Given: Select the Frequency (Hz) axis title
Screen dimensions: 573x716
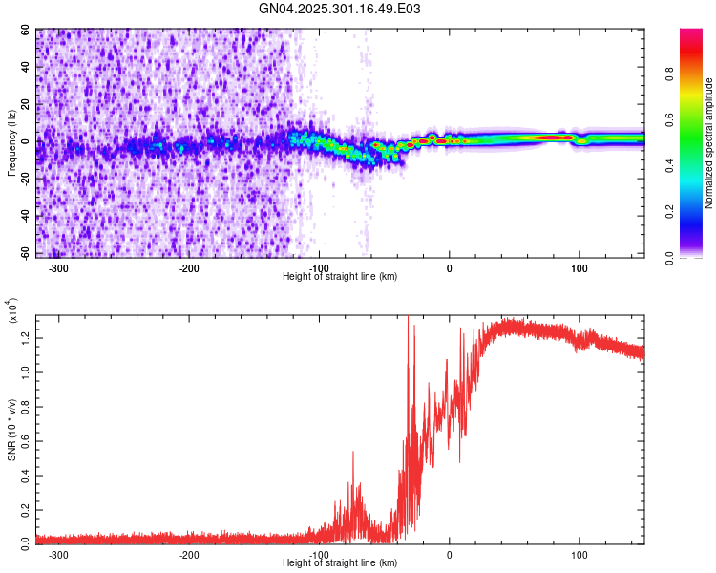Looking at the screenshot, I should [x=11, y=143].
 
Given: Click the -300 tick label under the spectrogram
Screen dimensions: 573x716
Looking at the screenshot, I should [x=58, y=268].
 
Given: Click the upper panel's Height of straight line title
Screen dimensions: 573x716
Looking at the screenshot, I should [x=340, y=276].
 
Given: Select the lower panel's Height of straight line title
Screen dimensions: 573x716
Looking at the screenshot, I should [x=340, y=562].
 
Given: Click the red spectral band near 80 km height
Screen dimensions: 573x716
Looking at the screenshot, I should [x=552, y=138].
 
